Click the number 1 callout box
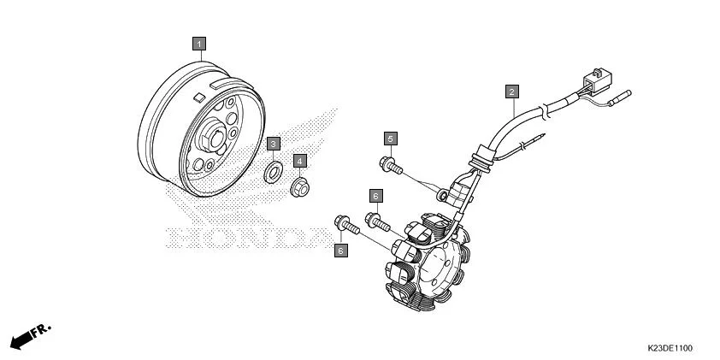(198, 42)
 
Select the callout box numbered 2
(511, 91)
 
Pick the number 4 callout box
(300, 160)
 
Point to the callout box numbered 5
(390, 139)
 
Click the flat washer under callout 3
(273, 171)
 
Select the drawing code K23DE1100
(670, 349)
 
